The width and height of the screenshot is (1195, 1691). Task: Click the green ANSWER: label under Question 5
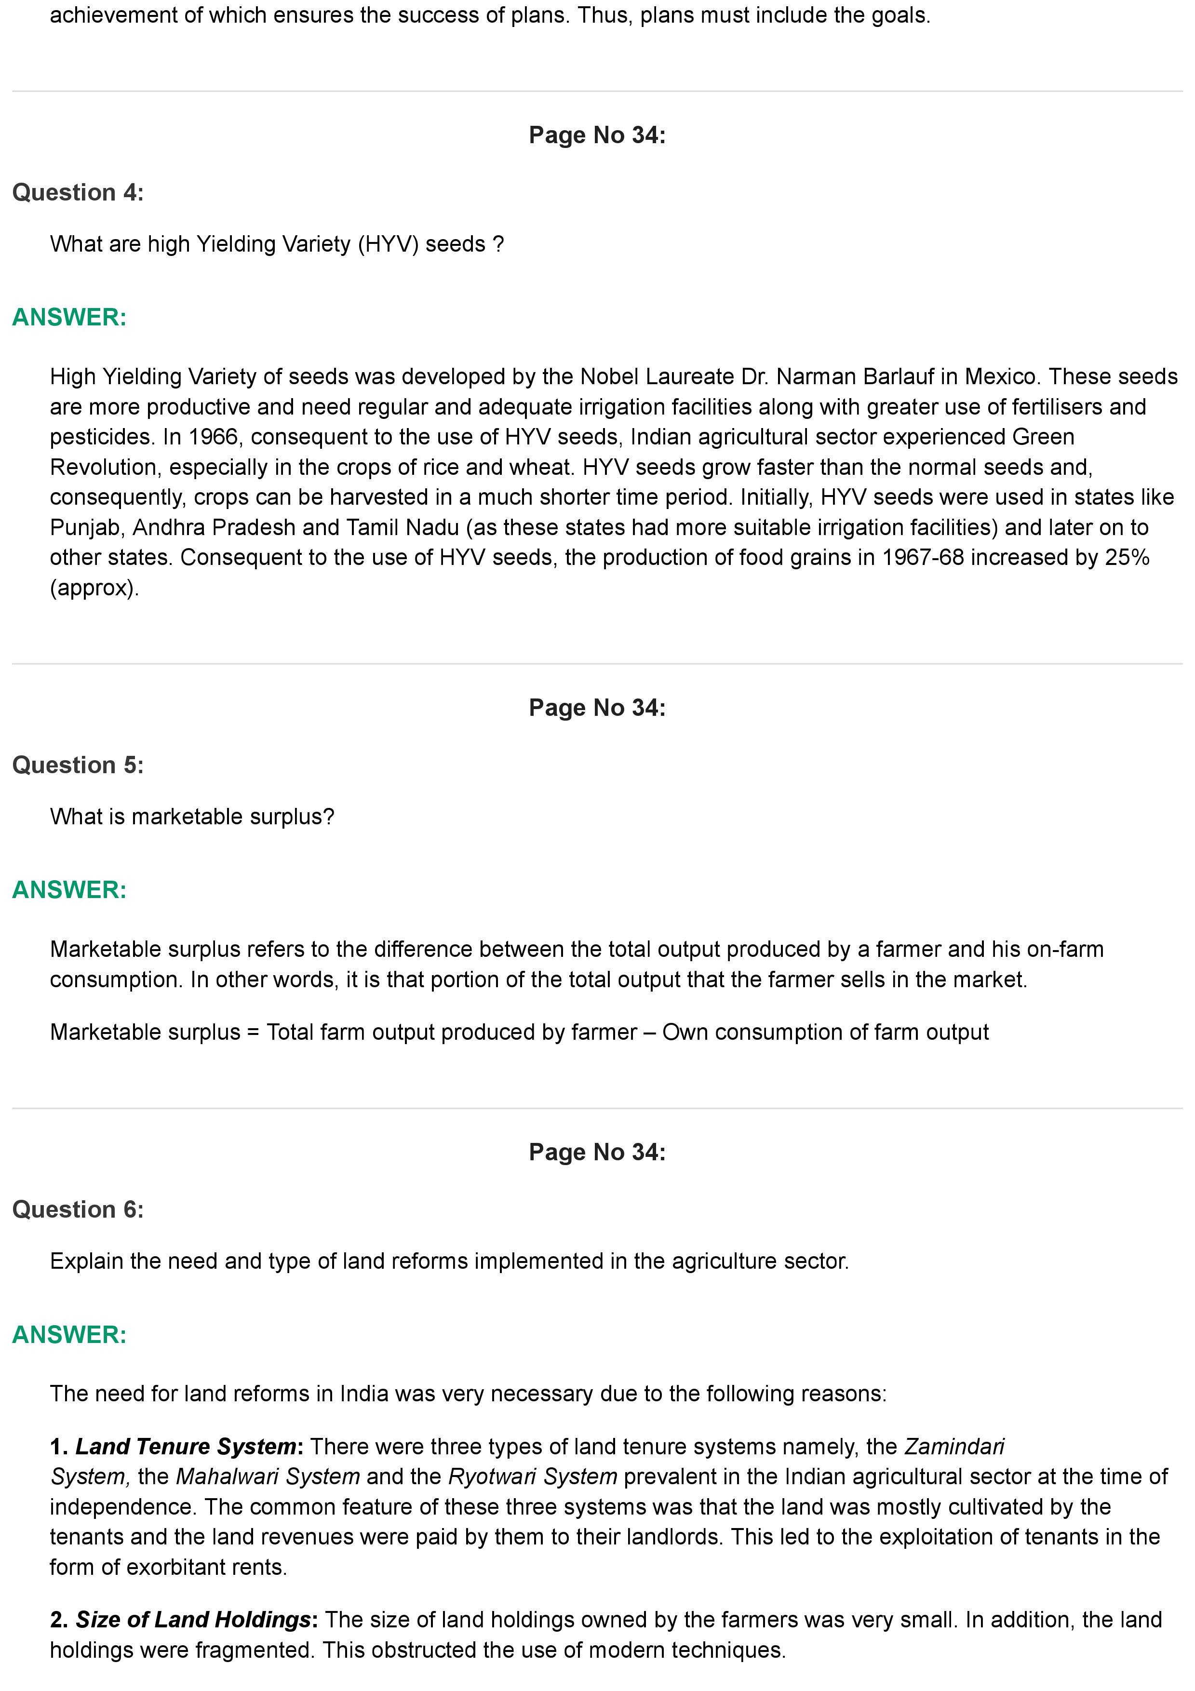click(69, 890)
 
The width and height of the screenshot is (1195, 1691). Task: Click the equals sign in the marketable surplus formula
click(253, 1033)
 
